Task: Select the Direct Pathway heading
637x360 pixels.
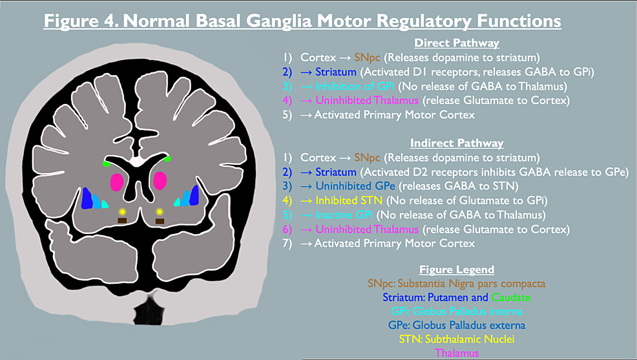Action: coord(457,44)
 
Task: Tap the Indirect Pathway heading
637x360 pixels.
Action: coord(457,143)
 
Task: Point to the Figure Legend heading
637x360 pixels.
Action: coord(457,270)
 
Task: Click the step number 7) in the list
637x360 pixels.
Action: coord(288,243)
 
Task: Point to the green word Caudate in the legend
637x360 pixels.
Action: coord(510,297)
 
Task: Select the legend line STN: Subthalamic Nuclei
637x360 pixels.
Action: coord(457,339)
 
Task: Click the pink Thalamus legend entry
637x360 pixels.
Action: coord(457,353)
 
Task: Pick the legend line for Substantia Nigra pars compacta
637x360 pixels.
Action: coord(457,283)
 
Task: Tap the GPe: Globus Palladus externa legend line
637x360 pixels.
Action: coord(457,325)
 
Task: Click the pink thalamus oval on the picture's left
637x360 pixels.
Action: coord(117,182)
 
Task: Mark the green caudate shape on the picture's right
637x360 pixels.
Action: coord(167,158)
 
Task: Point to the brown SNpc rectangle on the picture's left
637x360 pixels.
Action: coord(121,222)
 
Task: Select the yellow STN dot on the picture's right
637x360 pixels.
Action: coord(160,211)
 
